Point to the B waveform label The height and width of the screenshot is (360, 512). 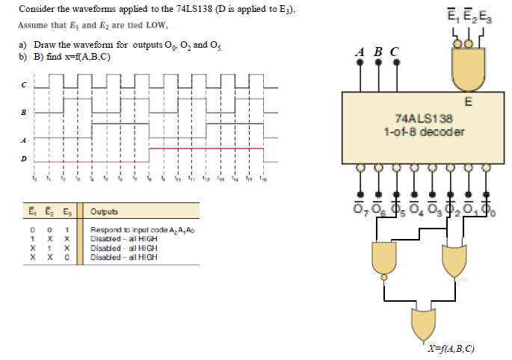[x=23, y=113]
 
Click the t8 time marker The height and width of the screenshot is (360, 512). [x=149, y=180]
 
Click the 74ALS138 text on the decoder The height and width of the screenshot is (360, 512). [x=423, y=119]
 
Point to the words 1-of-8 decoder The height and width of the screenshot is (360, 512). [x=423, y=132]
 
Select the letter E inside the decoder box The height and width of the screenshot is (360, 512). [x=467, y=102]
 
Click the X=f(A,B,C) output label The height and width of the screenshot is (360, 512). [x=451, y=349]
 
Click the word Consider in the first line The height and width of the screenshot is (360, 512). [x=35, y=10]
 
